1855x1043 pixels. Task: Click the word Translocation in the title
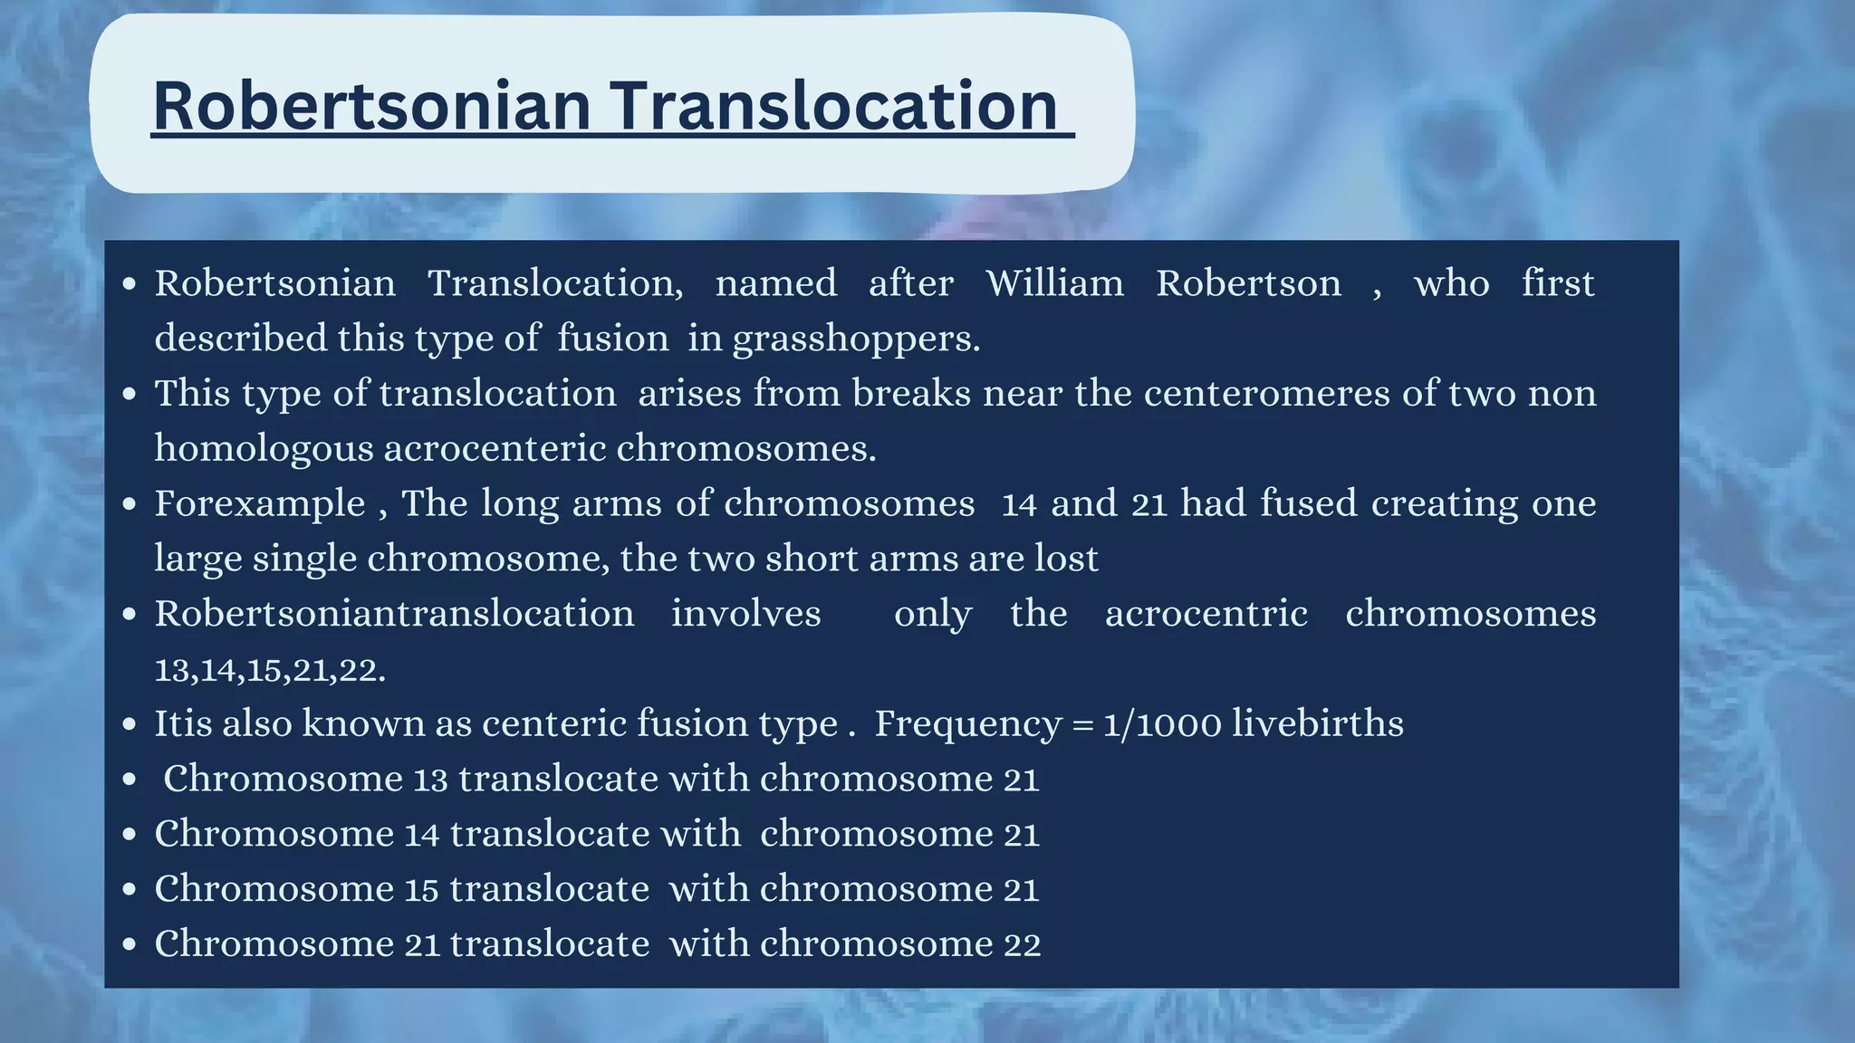[833, 106]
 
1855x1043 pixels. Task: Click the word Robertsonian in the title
[372, 106]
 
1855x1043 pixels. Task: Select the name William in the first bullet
[1054, 283]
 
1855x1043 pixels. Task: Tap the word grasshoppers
[856, 339]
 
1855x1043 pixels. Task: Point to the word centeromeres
[1267, 394]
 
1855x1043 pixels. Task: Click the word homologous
[264, 448]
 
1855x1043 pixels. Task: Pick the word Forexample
[260, 503]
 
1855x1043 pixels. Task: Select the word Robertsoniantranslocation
[394, 614]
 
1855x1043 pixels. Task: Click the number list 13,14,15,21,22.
[270, 670]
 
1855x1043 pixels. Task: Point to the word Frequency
[967, 724]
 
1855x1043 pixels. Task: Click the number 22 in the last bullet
[1022, 944]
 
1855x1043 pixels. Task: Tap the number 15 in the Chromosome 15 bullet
[421, 889]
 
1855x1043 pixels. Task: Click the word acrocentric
[1206, 614]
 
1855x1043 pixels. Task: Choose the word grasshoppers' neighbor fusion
[613, 339]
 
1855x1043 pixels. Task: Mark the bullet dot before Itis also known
[130, 724]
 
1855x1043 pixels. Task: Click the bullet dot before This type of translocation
[130, 394]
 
